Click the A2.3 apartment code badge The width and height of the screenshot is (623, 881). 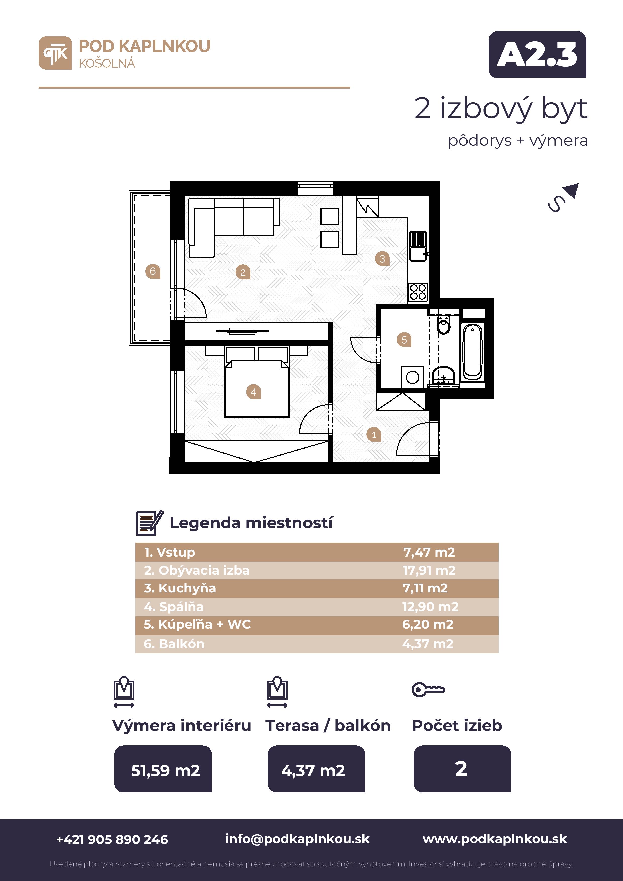[537, 54]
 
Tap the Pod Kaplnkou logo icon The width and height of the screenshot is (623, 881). [55, 53]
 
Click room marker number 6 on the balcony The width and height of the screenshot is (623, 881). [153, 272]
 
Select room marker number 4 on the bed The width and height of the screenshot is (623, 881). [253, 392]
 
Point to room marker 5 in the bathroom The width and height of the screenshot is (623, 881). [404, 340]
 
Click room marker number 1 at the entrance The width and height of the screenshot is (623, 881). [374, 435]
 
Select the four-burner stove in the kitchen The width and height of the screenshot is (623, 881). [418, 292]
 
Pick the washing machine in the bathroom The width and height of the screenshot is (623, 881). [412, 377]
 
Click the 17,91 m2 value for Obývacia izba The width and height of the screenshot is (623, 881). [429, 570]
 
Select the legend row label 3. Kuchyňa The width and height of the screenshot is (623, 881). [180, 588]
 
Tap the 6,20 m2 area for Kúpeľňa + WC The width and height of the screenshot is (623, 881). [428, 624]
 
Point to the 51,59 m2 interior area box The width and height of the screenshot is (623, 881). [163, 768]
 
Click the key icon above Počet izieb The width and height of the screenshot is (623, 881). [428, 690]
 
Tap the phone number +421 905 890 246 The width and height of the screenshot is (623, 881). [112, 839]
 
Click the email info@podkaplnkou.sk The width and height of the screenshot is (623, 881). [297, 839]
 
